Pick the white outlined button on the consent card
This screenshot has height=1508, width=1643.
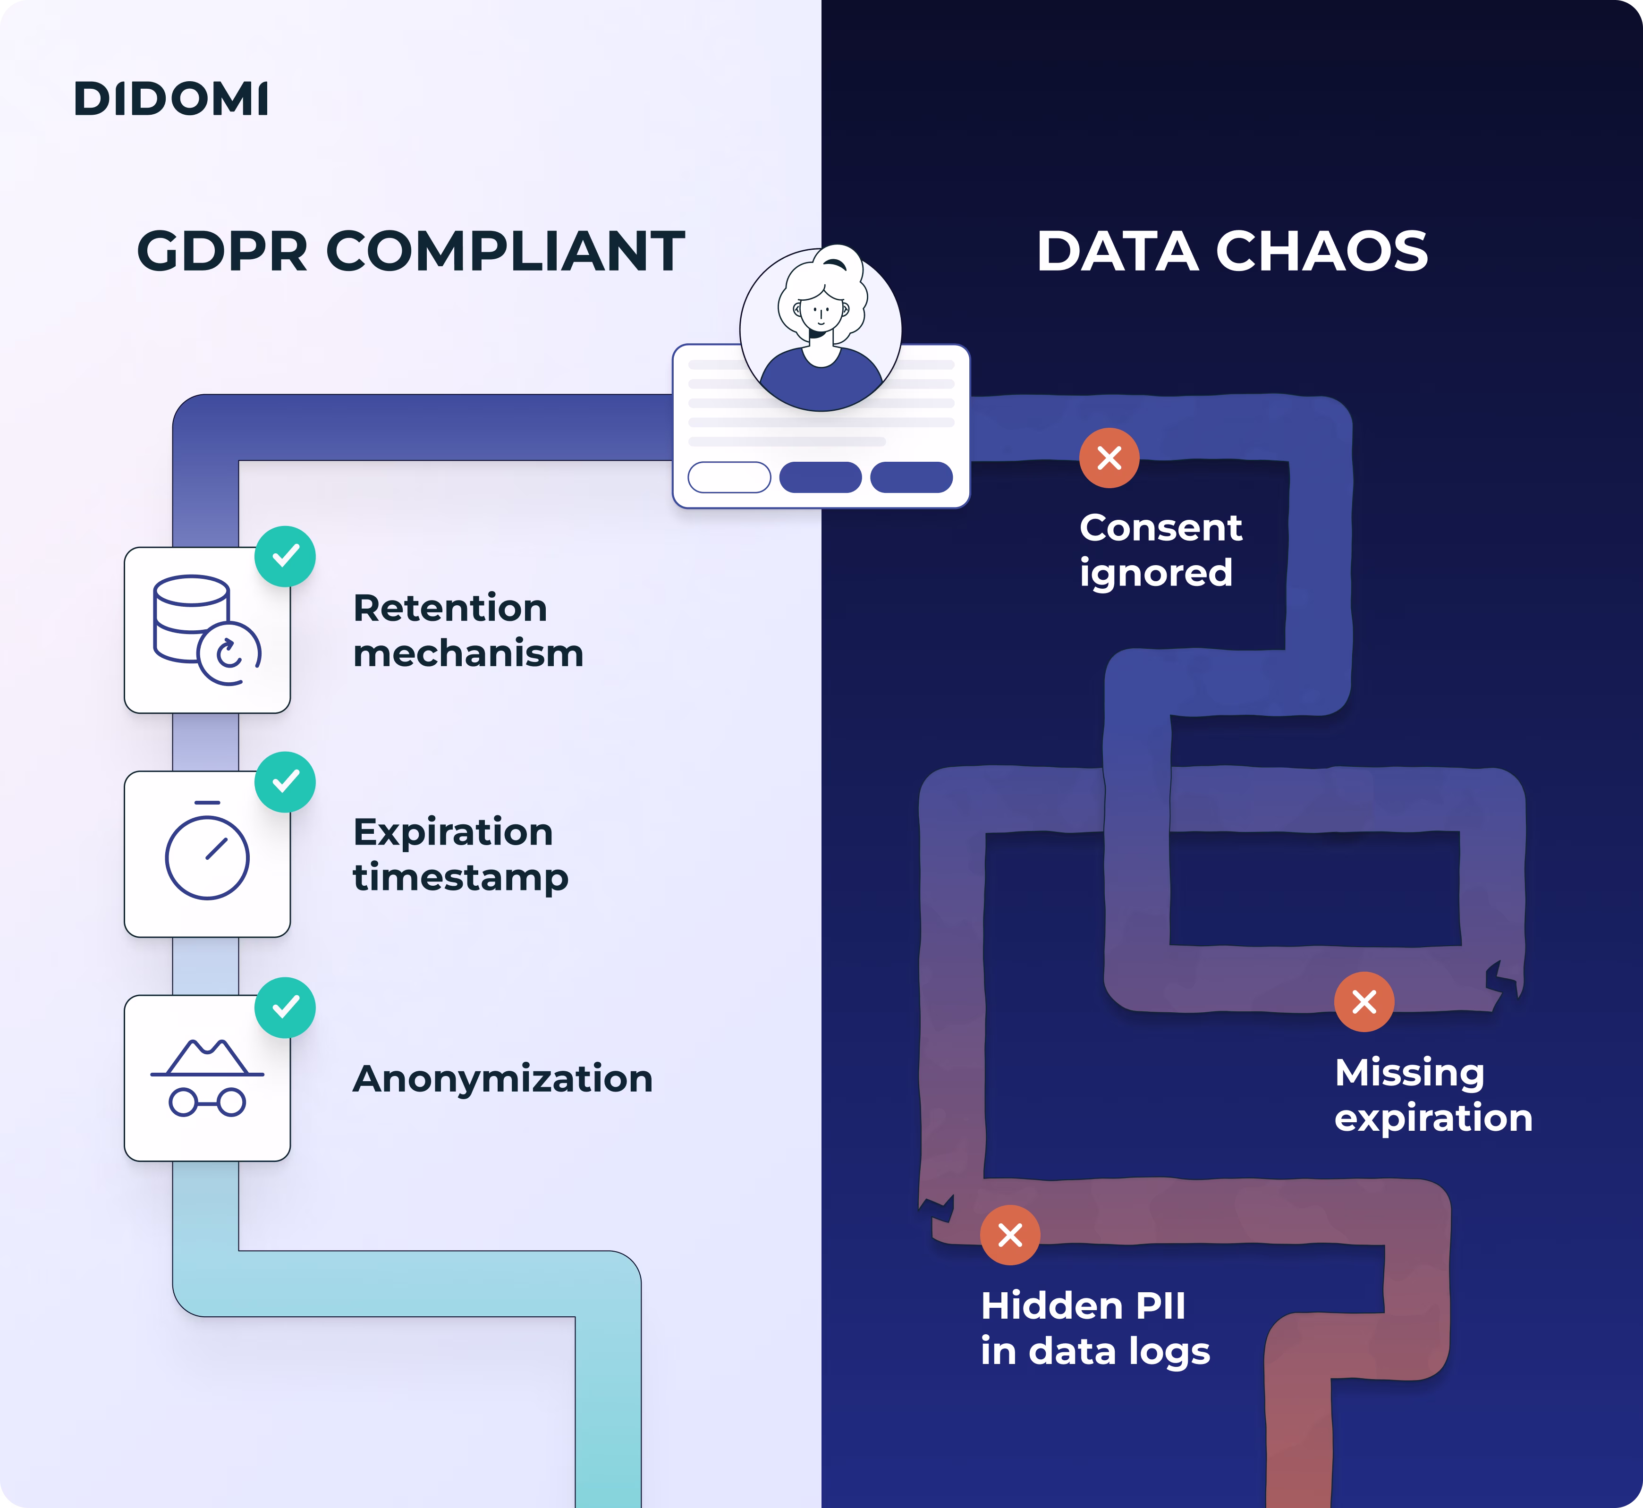click(729, 477)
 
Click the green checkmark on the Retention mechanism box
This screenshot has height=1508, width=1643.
click(286, 557)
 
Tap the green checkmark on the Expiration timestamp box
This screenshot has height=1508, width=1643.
click(286, 782)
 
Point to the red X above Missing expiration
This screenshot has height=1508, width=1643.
click(1364, 1001)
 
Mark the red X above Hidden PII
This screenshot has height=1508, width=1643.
click(1010, 1235)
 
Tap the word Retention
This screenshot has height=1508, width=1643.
click(449, 608)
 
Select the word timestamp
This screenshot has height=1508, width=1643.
click(460, 878)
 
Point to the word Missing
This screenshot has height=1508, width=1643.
click(1409, 1073)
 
